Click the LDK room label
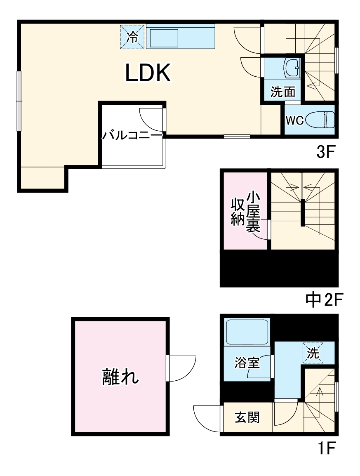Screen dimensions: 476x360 pyautogui.click(x=148, y=73)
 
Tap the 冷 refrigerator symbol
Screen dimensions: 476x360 pyautogui.click(x=132, y=37)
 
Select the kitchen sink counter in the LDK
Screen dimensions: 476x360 pyautogui.click(x=181, y=37)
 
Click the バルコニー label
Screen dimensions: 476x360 pyautogui.click(x=132, y=135)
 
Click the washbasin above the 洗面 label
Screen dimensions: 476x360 pyautogui.click(x=293, y=67)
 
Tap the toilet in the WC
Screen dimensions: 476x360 pyautogui.click(x=325, y=120)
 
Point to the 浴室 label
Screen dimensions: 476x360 pyautogui.click(x=247, y=363)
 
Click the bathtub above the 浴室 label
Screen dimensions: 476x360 pyautogui.click(x=247, y=332)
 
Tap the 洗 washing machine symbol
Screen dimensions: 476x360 pyautogui.click(x=313, y=353)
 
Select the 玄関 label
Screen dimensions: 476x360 pyautogui.click(x=247, y=418)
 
